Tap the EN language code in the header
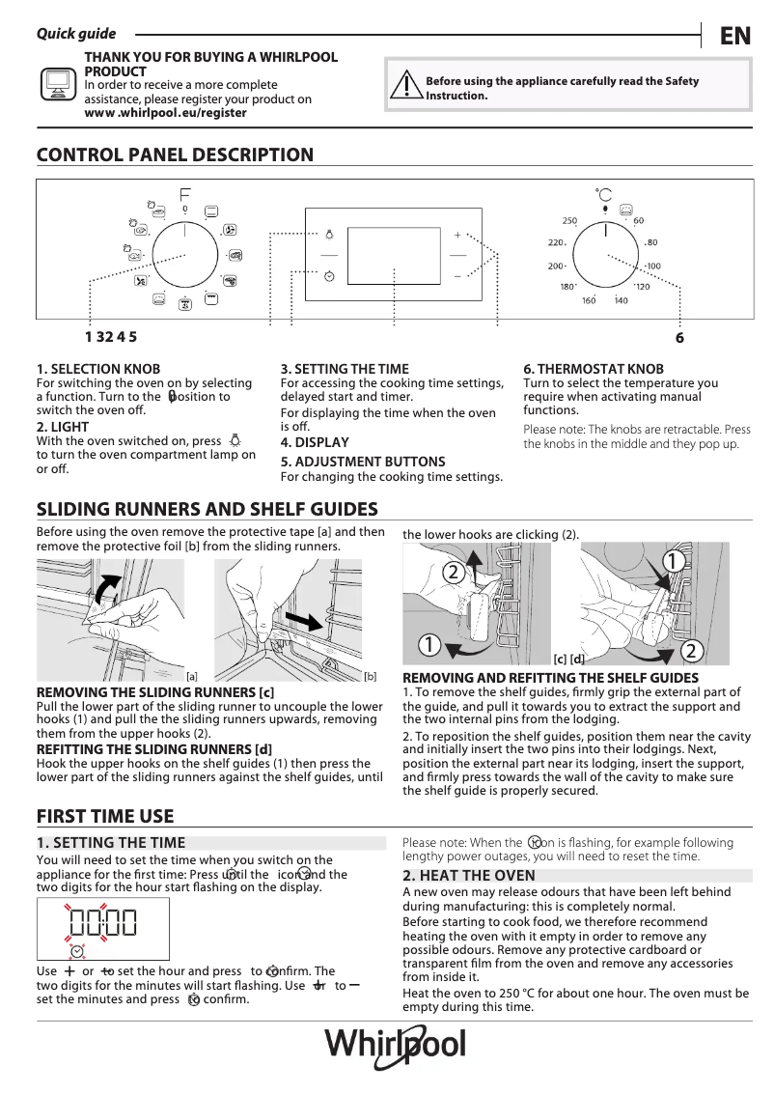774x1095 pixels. point(735,37)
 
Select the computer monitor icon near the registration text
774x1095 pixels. point(57,85)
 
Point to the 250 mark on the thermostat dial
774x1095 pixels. point(569,221)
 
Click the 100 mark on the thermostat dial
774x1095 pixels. point(653,267)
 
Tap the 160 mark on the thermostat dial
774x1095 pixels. point(589,301)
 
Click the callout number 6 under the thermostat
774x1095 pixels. point(679,338)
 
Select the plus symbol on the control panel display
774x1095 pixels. point(457,235)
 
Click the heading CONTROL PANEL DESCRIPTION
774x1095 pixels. point(175,154)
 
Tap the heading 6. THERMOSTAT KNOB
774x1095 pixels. point(594,369)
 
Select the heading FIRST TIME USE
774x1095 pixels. point(105,817)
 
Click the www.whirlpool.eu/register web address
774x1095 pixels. point(165,113)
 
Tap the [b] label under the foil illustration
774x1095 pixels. point(370,677)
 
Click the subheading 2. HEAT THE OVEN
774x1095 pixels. point(468,876)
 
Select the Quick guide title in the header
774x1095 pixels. point(75,34)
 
